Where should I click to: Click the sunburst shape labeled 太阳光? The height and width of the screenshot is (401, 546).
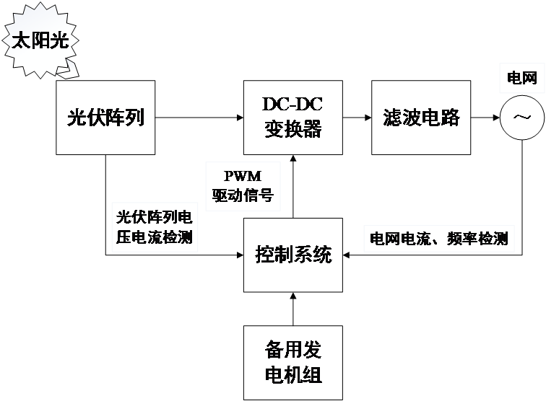click(40, 40)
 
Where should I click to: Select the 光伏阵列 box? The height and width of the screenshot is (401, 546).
click(105, 117)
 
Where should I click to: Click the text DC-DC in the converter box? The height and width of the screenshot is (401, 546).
click(292, 104)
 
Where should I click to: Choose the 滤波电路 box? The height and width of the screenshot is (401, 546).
click(420, 117)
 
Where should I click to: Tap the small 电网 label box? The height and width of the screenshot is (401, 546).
click(522, 79)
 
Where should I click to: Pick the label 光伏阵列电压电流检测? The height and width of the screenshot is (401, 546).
click(155, 227)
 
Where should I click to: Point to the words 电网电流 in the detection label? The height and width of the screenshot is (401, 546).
click(396, 239)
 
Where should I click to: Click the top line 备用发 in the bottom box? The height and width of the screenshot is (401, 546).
click(292, 351)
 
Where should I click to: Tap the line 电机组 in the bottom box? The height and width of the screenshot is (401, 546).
click(292, 375)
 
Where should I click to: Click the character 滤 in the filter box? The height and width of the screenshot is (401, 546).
click(391, 118)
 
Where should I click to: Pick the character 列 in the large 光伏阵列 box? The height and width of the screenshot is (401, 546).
click(134, 117)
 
